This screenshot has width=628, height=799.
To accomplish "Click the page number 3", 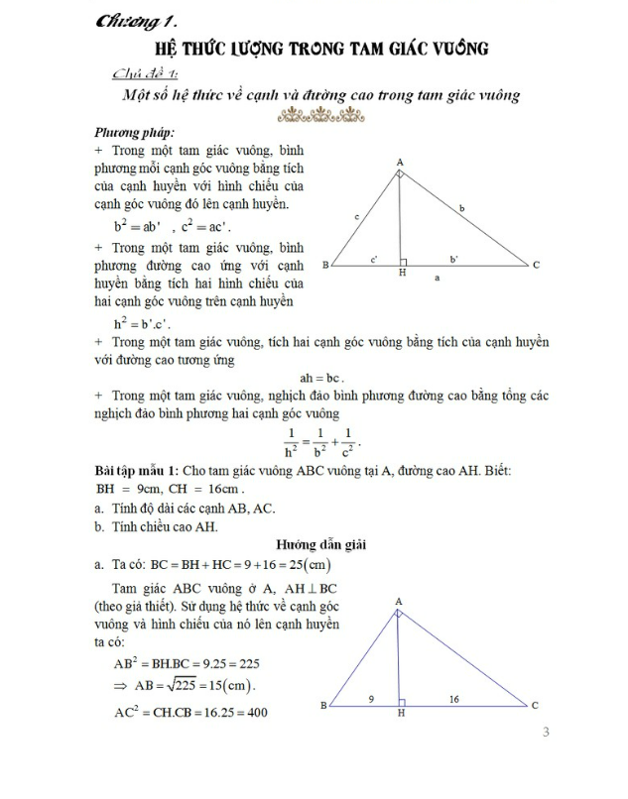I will [545, 733].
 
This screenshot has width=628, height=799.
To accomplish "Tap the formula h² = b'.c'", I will [145, 323].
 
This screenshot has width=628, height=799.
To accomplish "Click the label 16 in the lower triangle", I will [453, 700].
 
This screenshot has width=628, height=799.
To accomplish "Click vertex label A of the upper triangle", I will [399, 162].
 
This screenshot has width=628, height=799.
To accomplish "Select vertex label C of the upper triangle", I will [536, 266].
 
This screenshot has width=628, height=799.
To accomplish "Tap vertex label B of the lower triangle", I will [323, 706].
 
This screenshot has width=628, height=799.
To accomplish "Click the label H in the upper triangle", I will [402, 274].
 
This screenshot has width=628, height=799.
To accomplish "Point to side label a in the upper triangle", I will [438, 280].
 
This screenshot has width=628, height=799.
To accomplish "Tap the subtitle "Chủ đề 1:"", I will [148, 72].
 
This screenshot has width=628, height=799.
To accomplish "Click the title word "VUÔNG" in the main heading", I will [463, 48].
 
